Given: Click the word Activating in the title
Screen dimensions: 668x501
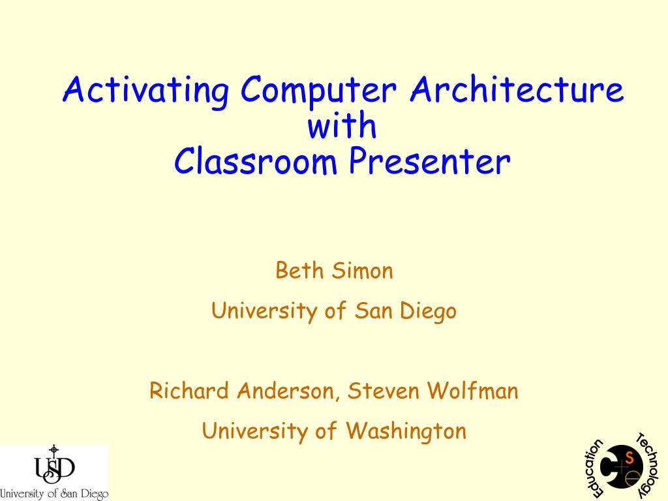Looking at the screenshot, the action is tap(146, 90).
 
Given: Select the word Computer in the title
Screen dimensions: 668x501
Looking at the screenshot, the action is tap(318, 90).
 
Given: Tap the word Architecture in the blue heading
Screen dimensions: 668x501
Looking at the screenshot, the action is tap(517, 89).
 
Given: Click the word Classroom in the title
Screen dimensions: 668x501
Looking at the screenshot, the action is tap(256, 160).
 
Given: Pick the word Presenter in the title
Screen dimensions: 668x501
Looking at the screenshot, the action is tap(429, 162).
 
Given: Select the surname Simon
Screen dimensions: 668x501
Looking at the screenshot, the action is tap(363, 270).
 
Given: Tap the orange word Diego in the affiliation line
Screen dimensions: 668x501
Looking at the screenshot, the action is tap(428, 311).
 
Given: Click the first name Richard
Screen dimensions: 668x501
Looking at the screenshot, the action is tap(189, 390).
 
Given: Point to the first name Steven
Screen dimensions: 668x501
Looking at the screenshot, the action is tap(383, 390).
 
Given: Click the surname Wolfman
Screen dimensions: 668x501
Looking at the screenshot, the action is tap(473, 390).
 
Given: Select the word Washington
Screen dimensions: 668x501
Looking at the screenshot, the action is tap(406, 431).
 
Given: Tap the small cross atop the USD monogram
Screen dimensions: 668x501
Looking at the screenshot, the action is tap(53, 450).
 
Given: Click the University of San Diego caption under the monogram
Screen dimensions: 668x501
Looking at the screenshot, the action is tap(53, 494).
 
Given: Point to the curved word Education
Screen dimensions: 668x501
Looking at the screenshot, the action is tap(594, 468).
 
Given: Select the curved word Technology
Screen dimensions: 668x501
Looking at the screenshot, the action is tap(648, 465).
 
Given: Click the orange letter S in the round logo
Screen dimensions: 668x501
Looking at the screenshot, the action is tap(630, 459).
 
